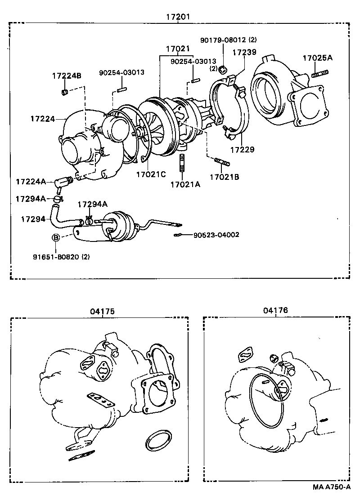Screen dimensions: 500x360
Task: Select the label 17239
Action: point(244,52)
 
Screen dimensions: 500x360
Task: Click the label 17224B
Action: point(66,76)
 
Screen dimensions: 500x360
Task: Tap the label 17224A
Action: point(31,182)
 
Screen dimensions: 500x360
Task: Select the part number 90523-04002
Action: point(216,235)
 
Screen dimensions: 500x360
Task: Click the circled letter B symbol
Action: point(56,237)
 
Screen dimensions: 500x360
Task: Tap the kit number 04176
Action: point(275,310)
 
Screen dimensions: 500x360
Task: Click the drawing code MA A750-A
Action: point(331,487)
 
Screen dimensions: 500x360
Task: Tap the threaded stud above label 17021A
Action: point(183,163)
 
